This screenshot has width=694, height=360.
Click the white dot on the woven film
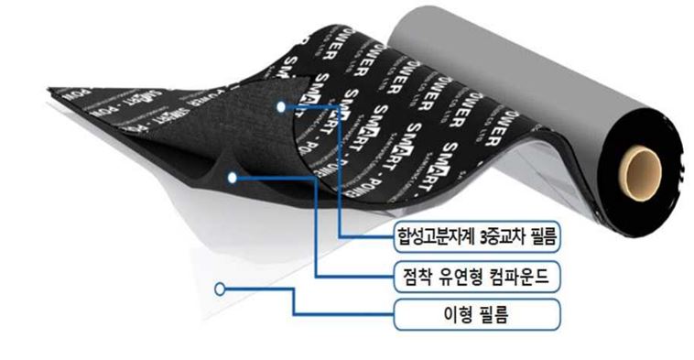(282, 107)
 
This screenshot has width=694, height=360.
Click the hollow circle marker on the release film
(220, 289)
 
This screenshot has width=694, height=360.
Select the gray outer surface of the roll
(513, 64)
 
